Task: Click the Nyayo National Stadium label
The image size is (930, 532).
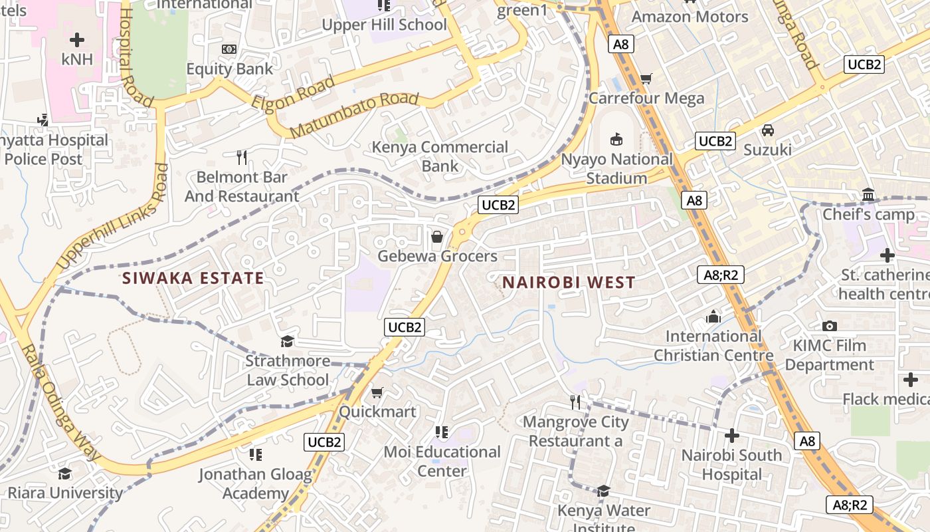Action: tap(617, 169)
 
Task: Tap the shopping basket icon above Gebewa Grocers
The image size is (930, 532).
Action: tap(437, 237)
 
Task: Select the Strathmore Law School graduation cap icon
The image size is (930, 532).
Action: tap(287, 341)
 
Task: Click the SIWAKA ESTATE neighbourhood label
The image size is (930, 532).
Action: tap(193, 278)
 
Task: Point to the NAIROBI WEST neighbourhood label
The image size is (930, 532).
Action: tap(569, 282)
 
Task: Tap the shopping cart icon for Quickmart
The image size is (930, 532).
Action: tap(377, 392)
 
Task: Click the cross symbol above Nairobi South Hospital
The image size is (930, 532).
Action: tap(731, 436)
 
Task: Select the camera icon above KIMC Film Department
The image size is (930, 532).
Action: tap(829, 326)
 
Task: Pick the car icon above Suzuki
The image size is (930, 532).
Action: tap(767, 130)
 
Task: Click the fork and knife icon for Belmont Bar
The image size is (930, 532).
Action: tap(242, 158)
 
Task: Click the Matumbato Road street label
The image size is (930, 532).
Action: tap(355, 115)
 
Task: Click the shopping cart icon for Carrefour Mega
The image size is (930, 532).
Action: tap(646, 79)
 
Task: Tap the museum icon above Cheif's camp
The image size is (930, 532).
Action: tap(868, 195)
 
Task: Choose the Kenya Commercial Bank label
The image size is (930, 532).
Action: tap(440, 156)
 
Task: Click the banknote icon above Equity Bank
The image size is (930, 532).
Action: tap(229, 49)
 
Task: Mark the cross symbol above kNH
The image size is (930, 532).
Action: tap(77, 40)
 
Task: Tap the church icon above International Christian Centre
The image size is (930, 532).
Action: tap(713, 317)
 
